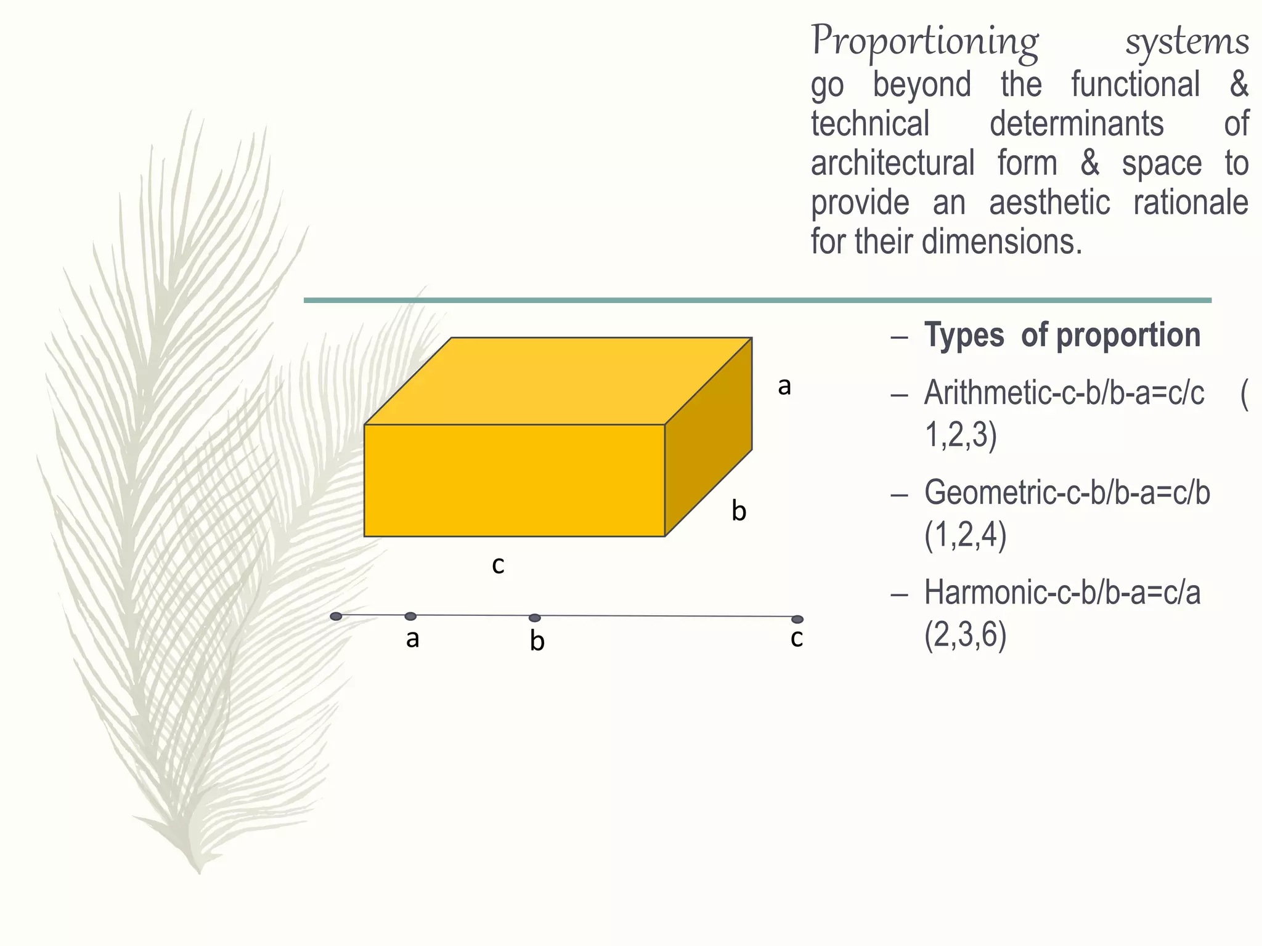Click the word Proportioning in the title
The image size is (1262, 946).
click(x=924, y=42)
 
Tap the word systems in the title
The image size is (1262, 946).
click(x=1187, y=42)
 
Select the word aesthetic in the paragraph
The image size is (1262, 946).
click(x=1049, y=203)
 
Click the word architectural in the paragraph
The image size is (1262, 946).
click(x=892, y=163)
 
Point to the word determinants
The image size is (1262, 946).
click(x=1077, y=124)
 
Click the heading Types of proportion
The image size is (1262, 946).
click(x=1062, y=336)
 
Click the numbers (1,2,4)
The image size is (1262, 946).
click(x=966, y=534)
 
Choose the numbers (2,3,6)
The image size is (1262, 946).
click(x=966, y=634)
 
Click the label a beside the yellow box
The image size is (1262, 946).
click(x=784, y=387)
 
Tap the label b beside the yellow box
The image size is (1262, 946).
click(x=739, y=511)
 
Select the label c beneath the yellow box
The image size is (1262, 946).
click(x=498, y=565)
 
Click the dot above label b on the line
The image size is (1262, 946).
click(x=535, y=618)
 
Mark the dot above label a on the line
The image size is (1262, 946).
click(x=410, y=617)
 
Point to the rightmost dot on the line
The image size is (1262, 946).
click(x=797, y=619)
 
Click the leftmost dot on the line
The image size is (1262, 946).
click(x=336, y=616)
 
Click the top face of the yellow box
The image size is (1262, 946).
click(x=558, y=381)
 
